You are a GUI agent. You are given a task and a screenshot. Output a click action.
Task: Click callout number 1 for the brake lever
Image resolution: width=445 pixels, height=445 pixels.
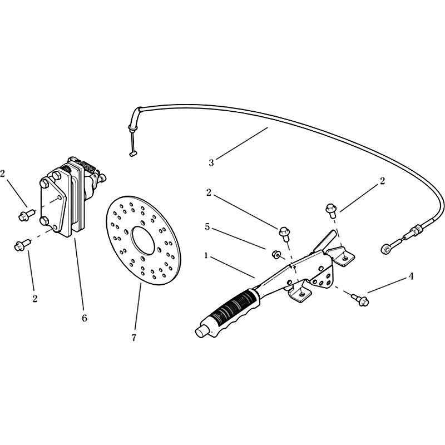[x=206, y=256]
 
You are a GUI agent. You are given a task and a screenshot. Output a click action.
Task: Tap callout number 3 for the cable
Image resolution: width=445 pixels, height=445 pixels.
[x=211, y=163]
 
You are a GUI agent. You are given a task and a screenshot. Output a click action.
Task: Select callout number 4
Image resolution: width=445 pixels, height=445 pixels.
[x=411, y=276]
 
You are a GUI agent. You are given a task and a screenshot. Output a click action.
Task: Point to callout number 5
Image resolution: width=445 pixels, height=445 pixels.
[x=207, y=227]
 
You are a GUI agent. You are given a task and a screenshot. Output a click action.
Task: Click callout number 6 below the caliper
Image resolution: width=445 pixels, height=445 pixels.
[x=85, y=318]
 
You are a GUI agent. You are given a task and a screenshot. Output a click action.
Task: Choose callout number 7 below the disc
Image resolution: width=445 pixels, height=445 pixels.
[x=133, y=338]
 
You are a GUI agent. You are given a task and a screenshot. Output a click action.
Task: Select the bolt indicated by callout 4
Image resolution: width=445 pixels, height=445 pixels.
[x=360, y=300]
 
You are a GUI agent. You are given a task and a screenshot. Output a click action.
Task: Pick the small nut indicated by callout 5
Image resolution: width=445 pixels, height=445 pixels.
[x=275, y=255]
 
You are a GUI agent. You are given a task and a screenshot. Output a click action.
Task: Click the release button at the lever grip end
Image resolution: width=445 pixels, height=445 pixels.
[x=201, y=333]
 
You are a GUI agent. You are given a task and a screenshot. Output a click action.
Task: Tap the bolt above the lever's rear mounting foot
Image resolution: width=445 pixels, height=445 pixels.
[x=330, y=210]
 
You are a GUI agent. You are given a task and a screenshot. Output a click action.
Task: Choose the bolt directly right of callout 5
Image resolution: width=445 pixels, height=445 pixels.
[x=284, y=233]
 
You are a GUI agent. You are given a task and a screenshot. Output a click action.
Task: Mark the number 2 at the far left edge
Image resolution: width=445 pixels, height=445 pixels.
[x=3, y=174]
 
